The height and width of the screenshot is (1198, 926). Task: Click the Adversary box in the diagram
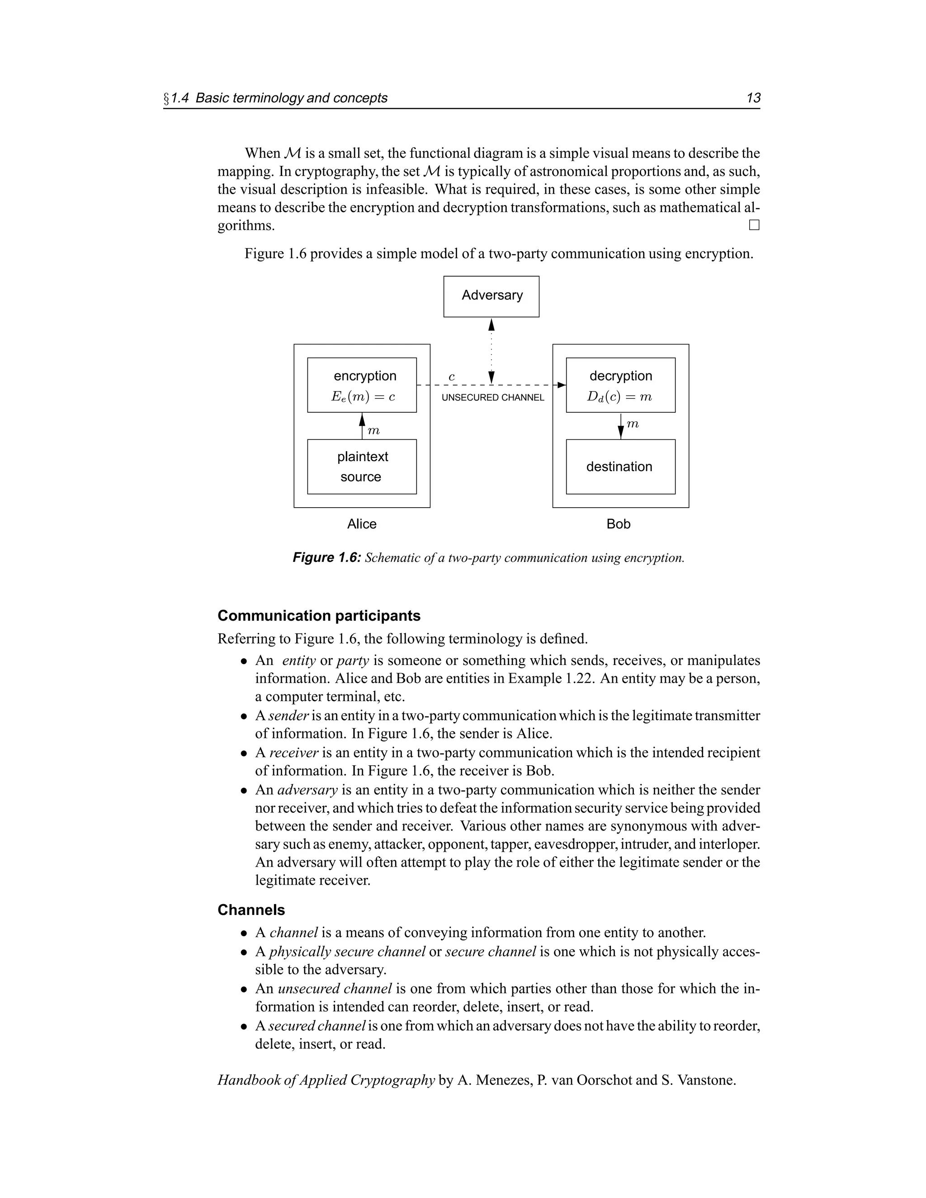(491, 296)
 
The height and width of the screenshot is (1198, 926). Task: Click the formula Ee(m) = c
(363, 396)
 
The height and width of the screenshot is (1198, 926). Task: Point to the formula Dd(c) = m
(619, 396)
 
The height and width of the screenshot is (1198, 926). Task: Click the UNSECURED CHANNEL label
(493, 398)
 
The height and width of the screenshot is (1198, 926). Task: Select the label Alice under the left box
(362, 524)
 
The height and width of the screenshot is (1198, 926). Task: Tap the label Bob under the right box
(618, 524)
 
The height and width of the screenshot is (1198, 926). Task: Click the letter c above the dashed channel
(452, 377)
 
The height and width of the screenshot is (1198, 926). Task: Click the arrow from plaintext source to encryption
(362, 426)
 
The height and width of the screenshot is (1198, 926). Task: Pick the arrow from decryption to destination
(620, 426)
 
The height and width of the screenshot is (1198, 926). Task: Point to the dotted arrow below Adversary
(491, 351)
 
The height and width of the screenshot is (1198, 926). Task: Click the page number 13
(753, 98)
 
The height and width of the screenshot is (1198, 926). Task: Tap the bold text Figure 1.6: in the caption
(326, 558)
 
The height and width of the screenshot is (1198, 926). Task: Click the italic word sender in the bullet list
(289, 715)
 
